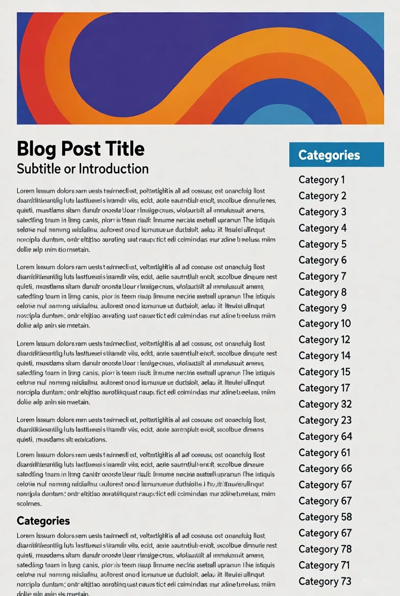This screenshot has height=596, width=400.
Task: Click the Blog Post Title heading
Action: click(81, 148)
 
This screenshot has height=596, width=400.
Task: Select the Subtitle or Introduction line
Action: click(83, 168)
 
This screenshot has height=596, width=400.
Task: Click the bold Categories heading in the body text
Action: click(43, 520)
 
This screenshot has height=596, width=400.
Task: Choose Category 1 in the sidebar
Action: click(322, 180)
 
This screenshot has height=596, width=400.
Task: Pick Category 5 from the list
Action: click(322, 244)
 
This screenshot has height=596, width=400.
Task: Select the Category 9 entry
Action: click(322, 308)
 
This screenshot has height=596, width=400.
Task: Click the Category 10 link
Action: click(324, 324)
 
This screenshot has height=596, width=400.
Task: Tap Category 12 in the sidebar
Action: click(324, 340)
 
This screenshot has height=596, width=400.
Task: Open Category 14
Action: click(324, 356)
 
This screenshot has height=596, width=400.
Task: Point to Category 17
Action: click(324, 388)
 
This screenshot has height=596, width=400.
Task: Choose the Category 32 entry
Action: click(325, 404)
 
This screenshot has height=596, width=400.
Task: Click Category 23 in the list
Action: click(325, 420)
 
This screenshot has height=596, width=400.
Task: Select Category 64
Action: click(325, 436)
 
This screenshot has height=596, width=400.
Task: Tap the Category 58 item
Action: click(325, 517)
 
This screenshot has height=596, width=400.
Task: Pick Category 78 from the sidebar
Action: click(325, 549)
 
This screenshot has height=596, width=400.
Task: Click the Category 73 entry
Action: click(325, 581)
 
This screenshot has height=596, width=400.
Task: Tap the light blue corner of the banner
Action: click(372, 23)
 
